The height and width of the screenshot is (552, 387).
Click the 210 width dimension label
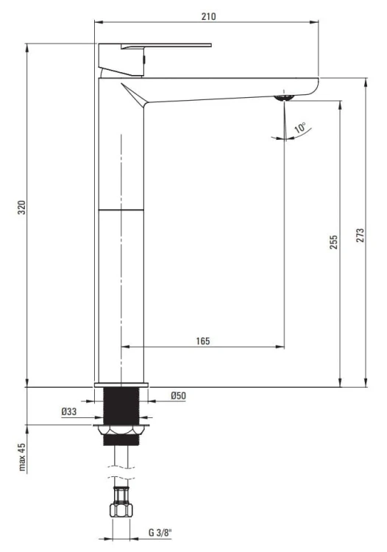[209, 16]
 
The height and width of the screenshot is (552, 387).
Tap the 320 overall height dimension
[22, 208]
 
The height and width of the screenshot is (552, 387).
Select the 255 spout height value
[333, 242]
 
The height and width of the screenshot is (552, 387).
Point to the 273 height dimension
[360, 236]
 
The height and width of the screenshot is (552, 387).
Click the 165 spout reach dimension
[203, 341]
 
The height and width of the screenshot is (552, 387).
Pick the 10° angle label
[300, 127]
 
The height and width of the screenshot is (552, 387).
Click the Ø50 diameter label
[178, 395]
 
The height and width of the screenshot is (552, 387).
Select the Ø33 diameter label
[68, 411]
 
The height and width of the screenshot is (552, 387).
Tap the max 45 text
[22, 457]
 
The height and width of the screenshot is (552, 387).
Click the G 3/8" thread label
[160, 532]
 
